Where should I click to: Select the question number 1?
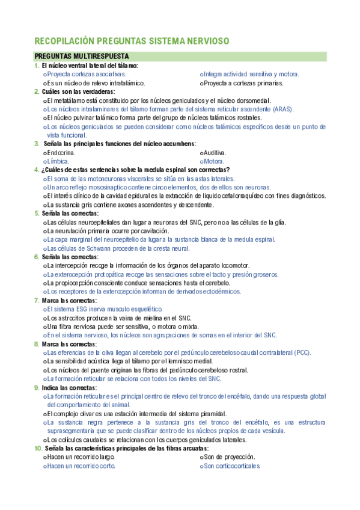(37, 66)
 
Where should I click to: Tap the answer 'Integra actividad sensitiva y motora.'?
(251, 74)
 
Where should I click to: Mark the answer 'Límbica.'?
(58, 161)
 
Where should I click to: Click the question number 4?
(37, 170)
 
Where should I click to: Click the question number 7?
(37, 301)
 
